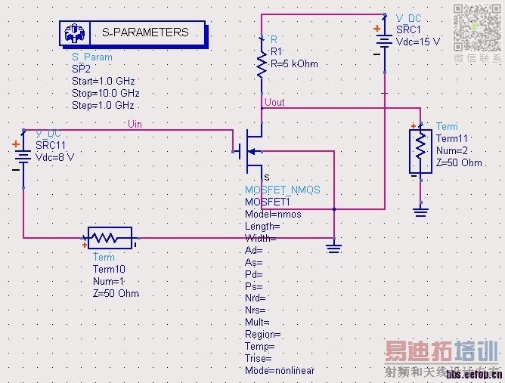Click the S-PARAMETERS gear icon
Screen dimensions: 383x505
[x=75, y=33]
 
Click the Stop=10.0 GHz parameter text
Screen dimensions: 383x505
[x=106, y=94]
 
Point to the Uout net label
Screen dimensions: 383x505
[x=275, y=102]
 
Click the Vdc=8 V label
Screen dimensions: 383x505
[x=55, y=157]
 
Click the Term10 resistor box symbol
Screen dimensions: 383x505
[x=110, y=238]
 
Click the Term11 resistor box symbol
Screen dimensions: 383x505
[x=420, y=151]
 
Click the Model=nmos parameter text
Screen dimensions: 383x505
[x=273, y=214]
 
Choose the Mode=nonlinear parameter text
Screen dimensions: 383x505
[x=280, y=370]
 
